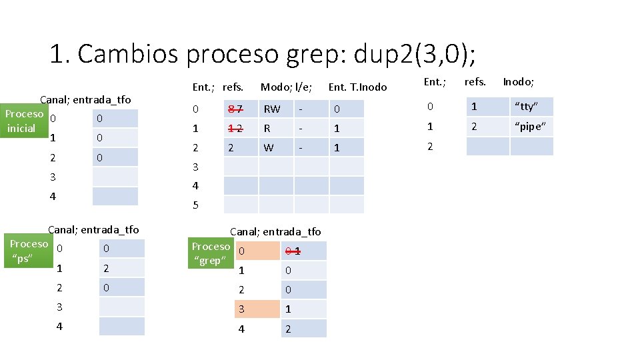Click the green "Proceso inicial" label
click(24, 121)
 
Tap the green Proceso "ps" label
click(29, 251)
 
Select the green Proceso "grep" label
click(211, 253)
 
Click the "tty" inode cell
click(531, 107)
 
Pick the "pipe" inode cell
click(531, 127)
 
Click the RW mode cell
click(275, 109)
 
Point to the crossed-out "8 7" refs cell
click(240, 109)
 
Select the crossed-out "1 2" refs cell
click(240, 128)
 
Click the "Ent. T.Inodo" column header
click(357, 87)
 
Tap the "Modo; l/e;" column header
click(286, 87)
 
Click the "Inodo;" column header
click(518, 81)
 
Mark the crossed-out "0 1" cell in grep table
click(303, 251)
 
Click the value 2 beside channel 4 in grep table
click(303, 329)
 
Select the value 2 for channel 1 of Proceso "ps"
click(121, 268)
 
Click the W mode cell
click(275, 147)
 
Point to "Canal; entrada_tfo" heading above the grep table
click(275, 231)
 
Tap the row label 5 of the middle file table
click(195, 205)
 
